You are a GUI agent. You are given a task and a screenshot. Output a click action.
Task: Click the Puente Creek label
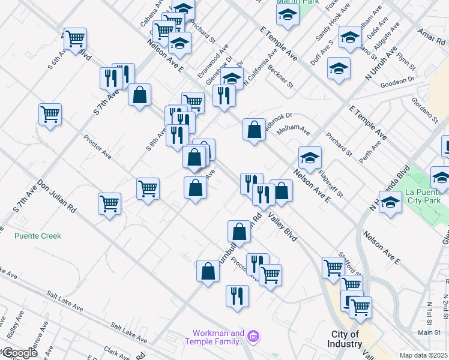(38, 236)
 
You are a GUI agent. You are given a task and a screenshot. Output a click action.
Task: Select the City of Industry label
(346, 339)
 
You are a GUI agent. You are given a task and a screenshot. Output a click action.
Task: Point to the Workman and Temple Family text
(218, 337)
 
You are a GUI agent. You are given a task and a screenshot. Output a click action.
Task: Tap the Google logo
(19, 353)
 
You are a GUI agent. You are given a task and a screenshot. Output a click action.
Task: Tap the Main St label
(429, 332)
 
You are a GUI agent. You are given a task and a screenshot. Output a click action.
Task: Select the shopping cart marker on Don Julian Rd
(109, 204)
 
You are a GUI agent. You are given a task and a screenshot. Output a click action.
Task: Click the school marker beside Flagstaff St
(310, 158)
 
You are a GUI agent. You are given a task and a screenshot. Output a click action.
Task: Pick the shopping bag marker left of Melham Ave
(254, 129)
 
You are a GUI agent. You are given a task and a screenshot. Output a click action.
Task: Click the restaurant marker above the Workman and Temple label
(237, 296)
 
